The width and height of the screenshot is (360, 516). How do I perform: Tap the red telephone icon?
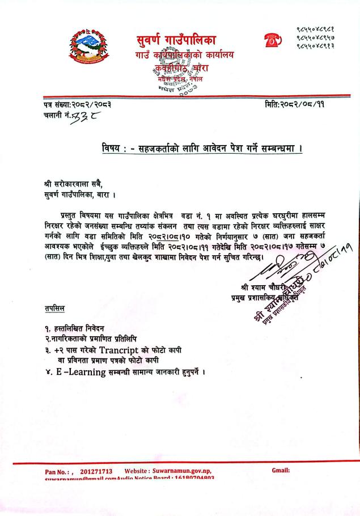click(273, 40)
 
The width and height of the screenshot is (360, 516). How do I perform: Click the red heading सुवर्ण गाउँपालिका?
click(180, 40)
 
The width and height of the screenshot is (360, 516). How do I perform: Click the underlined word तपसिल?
click(54, 308)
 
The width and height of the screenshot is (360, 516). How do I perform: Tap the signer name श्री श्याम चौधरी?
click(270, 286)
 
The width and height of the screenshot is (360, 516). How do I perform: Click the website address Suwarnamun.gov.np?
click(183, 471)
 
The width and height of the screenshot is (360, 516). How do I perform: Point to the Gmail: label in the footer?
click(281, 471)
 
